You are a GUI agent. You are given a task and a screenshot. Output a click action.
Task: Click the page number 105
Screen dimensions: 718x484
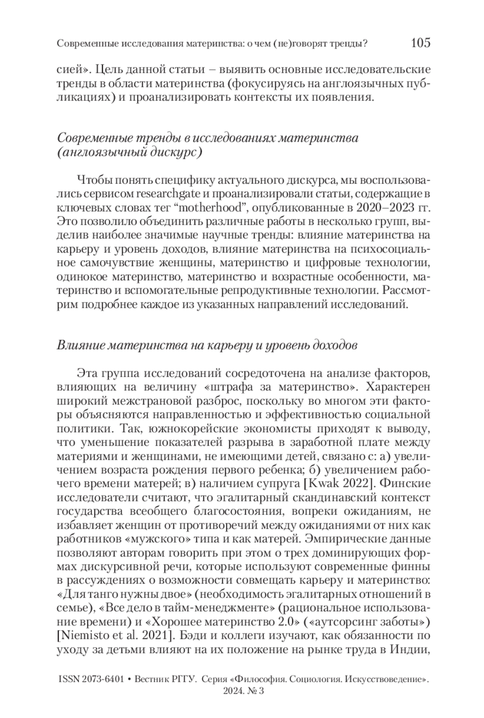pyautogui.click(x=421, y=43)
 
